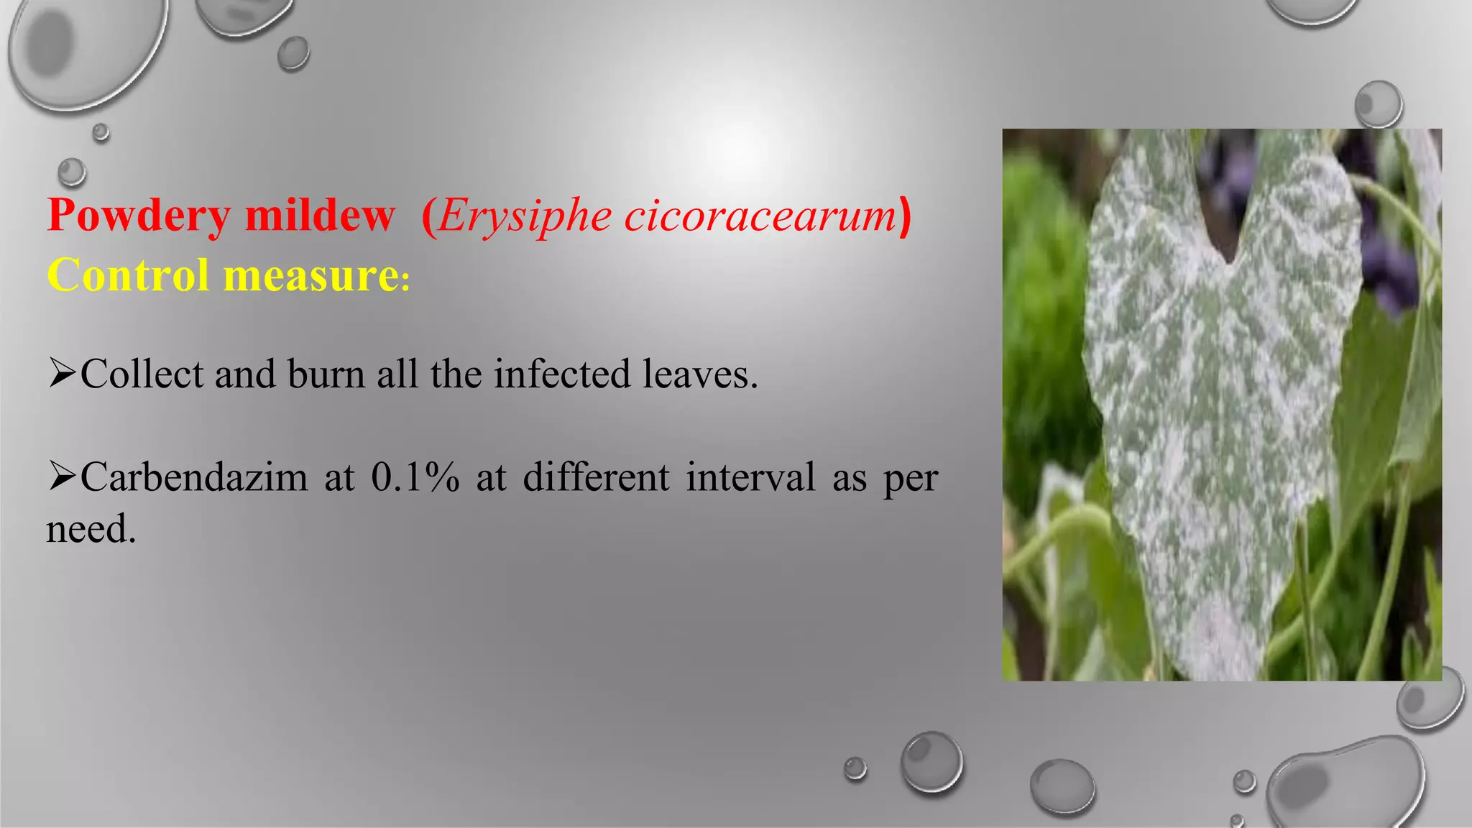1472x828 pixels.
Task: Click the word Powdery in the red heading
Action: (x=138, y=216)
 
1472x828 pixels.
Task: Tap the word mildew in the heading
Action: (x=320, y=216)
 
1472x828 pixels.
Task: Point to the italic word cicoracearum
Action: (x=760, y=216)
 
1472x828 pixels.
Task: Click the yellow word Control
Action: (x=129, y=275)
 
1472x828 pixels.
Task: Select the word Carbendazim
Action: (x=194, y=477)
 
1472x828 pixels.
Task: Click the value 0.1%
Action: (x=415, y=477)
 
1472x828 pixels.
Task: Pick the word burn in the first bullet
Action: (x=326, y=374)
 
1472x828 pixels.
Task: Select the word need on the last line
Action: (x=91, y=530)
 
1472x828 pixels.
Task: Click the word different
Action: (x=596, y=477)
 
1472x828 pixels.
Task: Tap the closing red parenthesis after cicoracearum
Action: (x=905, y=216)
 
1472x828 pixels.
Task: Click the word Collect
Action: (x=142, y=374)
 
